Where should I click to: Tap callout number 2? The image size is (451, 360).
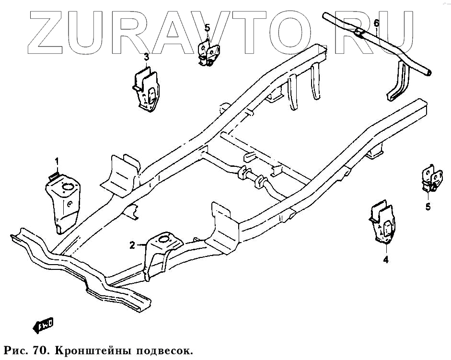coord(132,245)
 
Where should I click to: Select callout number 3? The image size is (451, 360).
coord(147,57)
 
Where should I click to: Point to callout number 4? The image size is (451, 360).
coord(385,260)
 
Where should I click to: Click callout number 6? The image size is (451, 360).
coord(376,23)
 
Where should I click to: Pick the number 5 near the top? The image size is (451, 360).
coord(207,27)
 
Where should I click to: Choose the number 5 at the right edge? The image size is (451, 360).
coord(428,207)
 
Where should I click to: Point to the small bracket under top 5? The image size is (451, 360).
coord(209,53)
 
